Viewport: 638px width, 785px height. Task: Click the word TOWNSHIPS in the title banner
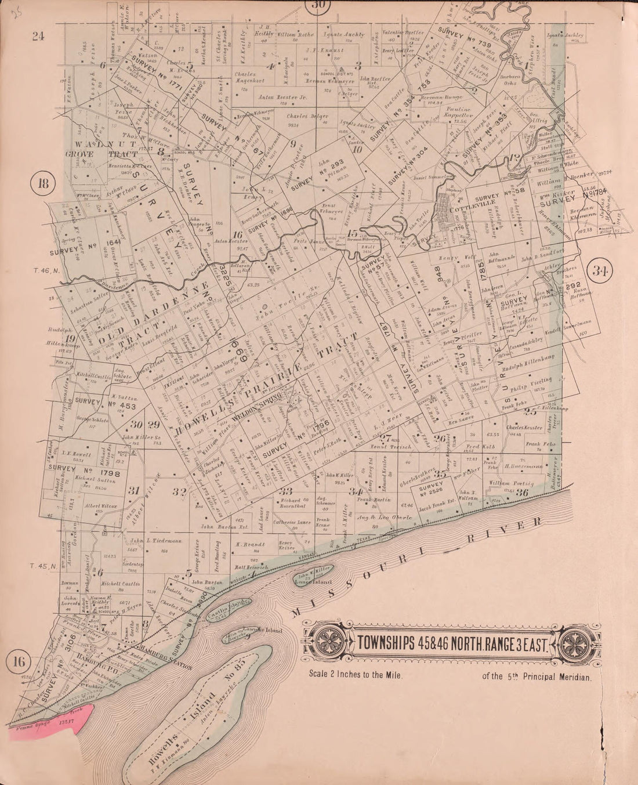(x=384, y=643)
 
